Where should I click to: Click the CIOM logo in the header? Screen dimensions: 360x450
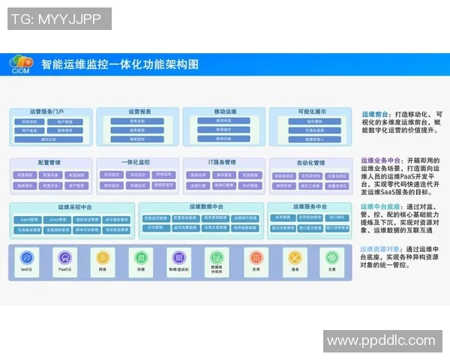[x=22, y=64]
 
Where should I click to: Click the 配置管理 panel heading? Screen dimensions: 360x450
[x=51, y=162]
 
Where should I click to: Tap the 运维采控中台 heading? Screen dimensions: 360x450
[x=73, y=207]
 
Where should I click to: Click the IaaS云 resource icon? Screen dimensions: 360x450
[x=26, y=257]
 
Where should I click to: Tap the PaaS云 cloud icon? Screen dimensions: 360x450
[x=65, y=257]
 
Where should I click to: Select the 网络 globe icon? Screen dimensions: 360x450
[x=102, y=257]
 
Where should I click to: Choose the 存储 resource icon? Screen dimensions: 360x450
[x=140, y=257]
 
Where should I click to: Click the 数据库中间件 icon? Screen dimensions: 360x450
[x=216, y=257]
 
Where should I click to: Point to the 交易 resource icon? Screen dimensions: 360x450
[x=331, y=257]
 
